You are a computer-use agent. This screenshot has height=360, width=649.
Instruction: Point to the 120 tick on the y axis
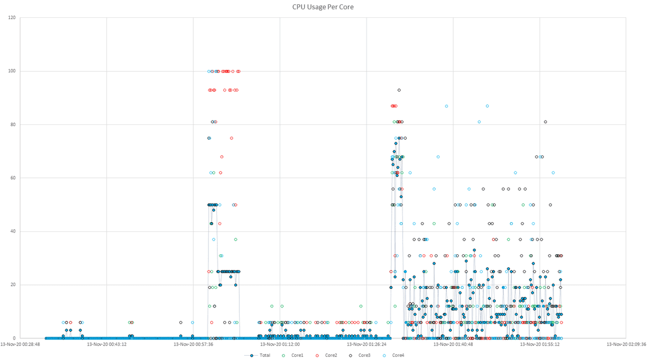(12, 17)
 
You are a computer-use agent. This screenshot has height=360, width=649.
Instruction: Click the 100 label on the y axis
(12, 71)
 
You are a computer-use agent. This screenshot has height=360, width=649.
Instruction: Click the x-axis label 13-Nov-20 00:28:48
(20, 345)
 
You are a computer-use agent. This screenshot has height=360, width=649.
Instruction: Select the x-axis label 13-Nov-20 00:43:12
(107, 345)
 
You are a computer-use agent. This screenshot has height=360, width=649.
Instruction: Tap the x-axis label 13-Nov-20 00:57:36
(193, 345)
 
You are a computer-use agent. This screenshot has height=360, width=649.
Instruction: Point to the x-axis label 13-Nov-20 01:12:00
(280, 345)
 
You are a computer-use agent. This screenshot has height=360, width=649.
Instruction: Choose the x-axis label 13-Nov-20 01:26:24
(367, 345)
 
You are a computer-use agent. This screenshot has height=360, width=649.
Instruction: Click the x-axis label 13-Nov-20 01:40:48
(453, 345)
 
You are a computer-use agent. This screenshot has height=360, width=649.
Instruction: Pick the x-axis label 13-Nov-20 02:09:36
(626, 345)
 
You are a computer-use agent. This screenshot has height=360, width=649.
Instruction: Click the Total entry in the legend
(259, 355)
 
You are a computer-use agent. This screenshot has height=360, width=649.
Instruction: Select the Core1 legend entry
(292, 355)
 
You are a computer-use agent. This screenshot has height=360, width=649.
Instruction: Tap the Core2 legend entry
(326, 355)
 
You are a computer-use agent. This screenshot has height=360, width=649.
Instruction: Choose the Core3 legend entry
(359, 355)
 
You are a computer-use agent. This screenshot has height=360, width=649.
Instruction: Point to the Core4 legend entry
(392, 355)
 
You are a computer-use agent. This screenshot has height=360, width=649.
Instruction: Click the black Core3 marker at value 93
(399, 90)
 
